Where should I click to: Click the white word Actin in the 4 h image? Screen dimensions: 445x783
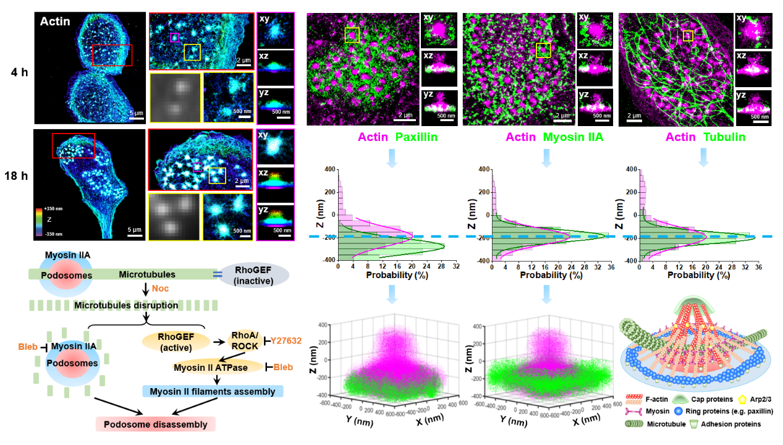click(x=54, y=22)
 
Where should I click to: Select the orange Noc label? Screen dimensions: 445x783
click(x=162, y=288)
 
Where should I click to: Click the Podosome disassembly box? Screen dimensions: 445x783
click(x=155, y=423)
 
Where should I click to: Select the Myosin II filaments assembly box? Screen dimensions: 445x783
click(x=213, y=391)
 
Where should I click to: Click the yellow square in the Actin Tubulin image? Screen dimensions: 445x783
click(x=688, y=36)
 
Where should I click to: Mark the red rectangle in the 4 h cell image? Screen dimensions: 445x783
click(x=112, y=55)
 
